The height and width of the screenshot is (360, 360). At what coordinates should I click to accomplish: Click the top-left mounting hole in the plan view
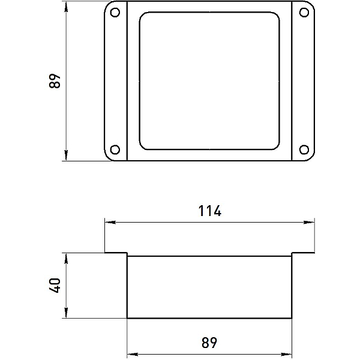coord(115,13)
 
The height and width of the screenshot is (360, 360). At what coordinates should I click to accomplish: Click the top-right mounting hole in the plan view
coord(304,13)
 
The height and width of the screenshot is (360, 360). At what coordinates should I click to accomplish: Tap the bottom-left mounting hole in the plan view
coord(115,149)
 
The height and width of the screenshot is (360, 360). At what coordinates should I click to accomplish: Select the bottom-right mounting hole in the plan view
coord(304,149)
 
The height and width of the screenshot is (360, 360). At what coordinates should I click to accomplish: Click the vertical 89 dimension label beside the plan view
coord(55,81)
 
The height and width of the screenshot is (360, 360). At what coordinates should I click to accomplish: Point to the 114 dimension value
coord(210,211)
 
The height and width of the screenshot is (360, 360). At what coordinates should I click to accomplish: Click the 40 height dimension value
coord(55,286)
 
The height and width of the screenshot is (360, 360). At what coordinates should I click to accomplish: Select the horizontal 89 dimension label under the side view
coord(209,343)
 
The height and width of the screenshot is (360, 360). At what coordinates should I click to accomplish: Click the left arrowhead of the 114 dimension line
coord(110,222)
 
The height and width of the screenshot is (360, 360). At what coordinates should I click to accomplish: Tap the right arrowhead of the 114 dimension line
coord(309,222)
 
